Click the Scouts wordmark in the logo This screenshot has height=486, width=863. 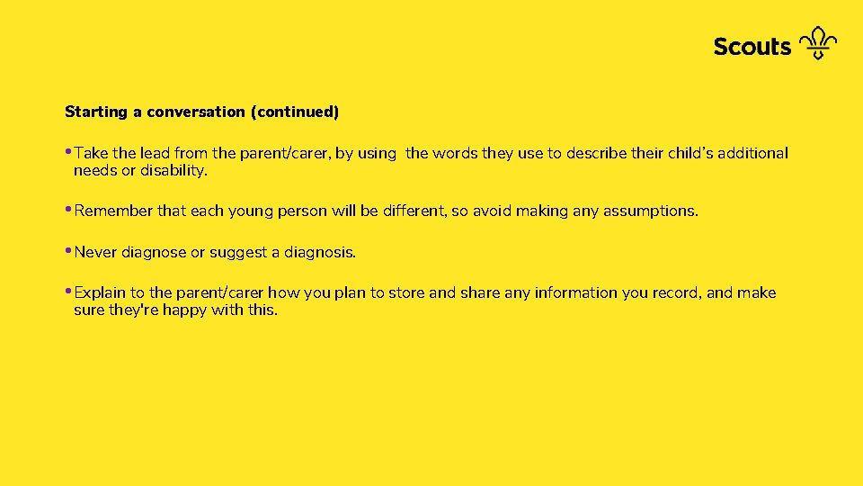pos(752,46)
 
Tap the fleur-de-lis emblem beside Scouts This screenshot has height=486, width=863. pos(817,42)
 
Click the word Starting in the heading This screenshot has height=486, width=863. pos(96,112)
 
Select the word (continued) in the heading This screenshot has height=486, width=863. pos(295,112)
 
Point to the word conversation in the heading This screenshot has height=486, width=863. pos(196,112)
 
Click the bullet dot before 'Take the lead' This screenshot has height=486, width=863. pos(68,150)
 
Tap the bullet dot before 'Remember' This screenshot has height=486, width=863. pos(68,208)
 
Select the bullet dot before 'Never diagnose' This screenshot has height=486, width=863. pos(68,249)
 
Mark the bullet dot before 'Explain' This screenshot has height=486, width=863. pos(68,290)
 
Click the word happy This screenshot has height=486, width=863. pos(184,310)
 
